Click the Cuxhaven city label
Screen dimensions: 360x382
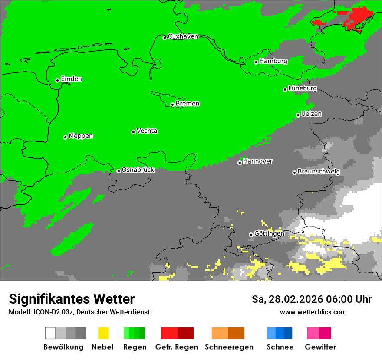tap(183, 36)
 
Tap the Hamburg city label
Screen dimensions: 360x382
tap(273, 61)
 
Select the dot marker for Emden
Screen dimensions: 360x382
tap(57, 80)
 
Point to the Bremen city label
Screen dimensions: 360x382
tap(188, 104)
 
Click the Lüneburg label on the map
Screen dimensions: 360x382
tap(302, 88)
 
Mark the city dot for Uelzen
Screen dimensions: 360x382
tap(298, 115)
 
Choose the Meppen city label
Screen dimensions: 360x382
tap(81, 136)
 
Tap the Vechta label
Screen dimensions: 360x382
tap(147, 131)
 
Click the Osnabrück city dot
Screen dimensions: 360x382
tap(119, 171)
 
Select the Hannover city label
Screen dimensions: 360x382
tap(258, 161)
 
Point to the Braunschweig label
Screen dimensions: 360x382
tap(319, 171)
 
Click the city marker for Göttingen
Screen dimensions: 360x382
tap(251, 235)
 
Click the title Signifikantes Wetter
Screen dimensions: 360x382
tap(72, 299)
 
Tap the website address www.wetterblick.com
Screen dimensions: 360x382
tap(313, 312)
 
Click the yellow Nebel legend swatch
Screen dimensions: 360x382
tap(103, 333)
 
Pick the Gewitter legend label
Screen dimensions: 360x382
tap(320, 347)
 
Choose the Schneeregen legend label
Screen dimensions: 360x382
tap(229, 347)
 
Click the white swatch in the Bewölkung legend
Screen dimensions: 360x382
tap(50, 333)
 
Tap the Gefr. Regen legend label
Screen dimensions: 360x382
tap(177, 347)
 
